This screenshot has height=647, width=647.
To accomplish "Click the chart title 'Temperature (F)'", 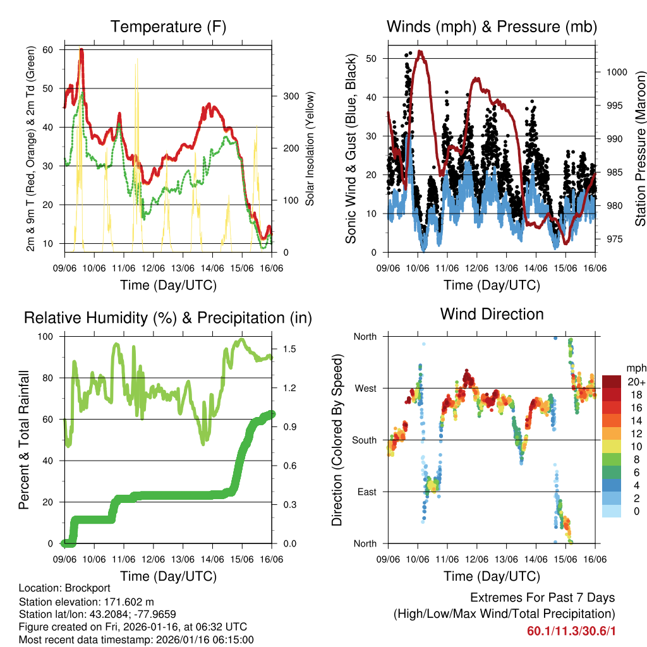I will [168, 27].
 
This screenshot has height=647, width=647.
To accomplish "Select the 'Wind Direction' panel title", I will [492, 314].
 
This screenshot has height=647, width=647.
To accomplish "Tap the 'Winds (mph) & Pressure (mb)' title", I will [492, 27].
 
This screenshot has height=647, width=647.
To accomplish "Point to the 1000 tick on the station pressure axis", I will [615, 72].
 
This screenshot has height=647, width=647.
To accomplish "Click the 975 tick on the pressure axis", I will [613, 239].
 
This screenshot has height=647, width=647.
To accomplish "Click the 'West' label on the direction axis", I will [365, 389].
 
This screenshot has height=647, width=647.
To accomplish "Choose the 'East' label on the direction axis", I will [366, 492].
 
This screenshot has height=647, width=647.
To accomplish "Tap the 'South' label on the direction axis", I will [365, 440].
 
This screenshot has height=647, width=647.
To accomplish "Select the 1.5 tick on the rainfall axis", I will [289, 349].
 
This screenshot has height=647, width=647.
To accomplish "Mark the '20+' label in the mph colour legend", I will [635, 382].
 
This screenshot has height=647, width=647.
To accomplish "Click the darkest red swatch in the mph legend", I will [612, 382].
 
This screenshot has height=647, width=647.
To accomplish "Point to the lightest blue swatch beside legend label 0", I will [612, 511].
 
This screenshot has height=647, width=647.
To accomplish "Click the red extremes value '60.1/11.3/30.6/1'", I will [571, 631].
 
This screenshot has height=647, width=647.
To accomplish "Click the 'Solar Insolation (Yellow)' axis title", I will [310, 148].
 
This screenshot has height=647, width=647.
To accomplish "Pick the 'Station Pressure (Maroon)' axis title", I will [640, 148].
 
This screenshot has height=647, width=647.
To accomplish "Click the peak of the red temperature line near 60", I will [82, 50].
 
